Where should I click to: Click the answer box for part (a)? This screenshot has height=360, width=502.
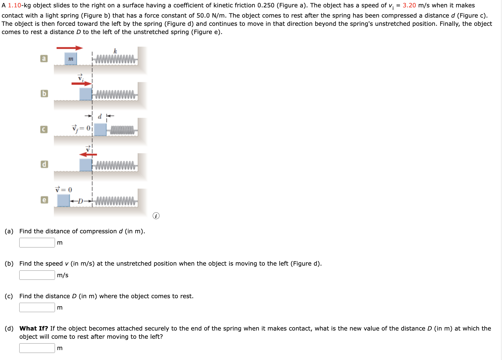(37, 243)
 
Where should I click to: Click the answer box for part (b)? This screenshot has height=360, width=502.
(37, 275)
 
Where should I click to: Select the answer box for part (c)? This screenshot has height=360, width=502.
(37, 308)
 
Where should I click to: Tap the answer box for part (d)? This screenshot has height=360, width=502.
(37, 348)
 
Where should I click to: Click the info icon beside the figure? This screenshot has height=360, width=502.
(156, 216)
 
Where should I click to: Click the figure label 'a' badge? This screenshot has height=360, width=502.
(44, 58)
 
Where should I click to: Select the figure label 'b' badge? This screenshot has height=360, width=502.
(44, 94)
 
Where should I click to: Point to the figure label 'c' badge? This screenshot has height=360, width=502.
(44, 129)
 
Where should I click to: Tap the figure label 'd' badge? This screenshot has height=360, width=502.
(44, 164)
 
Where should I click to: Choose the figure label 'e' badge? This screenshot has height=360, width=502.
(44, 200)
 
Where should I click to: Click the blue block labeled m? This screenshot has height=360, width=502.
(71, 59)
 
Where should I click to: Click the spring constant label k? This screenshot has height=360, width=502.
(115, 51)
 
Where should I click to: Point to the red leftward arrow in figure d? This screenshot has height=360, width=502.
(88, 154)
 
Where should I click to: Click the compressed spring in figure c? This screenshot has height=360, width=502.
(122, 130)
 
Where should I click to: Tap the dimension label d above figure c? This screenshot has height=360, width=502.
(100, 117)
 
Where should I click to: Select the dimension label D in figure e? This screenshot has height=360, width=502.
(80, 201)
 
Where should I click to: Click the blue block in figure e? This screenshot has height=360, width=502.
(63, 200)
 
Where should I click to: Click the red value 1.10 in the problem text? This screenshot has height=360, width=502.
(14, 5)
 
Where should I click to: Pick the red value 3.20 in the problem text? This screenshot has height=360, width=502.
(409, 5)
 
